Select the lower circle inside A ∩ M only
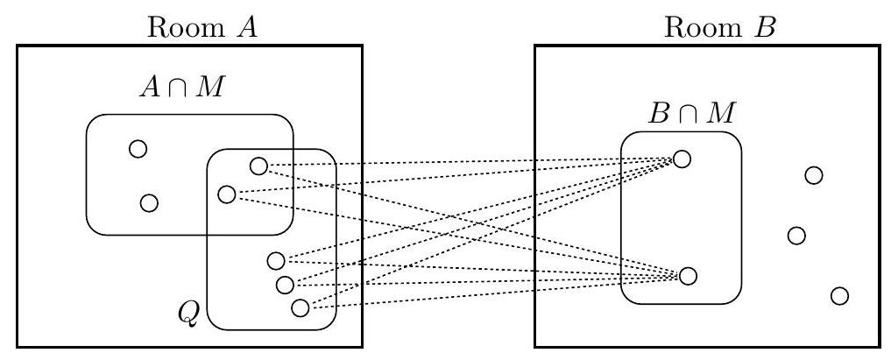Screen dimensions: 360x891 pos(149,203)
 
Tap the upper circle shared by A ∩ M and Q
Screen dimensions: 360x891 pos(258,166)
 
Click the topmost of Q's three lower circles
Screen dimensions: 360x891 pos(276,260)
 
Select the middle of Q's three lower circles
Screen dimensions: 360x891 pos(284,285)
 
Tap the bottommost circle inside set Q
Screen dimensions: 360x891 pos(301,307)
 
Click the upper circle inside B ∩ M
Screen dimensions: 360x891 pos(682,159)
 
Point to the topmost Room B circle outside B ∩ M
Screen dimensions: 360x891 pos(813,175)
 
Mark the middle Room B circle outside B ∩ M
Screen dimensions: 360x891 pos(796,235)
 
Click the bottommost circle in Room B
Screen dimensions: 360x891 pos(839,295)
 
